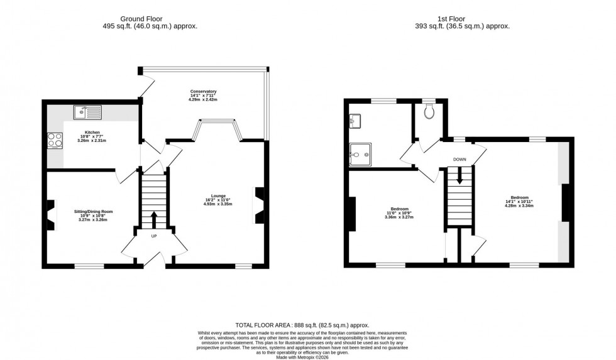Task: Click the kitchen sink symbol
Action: [87, 113]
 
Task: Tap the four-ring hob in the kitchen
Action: [55, 140]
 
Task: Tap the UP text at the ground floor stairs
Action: [154, 236]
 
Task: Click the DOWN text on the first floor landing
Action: [460, 160]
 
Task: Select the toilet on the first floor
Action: [430, 111]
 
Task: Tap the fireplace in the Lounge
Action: [259, 205]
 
